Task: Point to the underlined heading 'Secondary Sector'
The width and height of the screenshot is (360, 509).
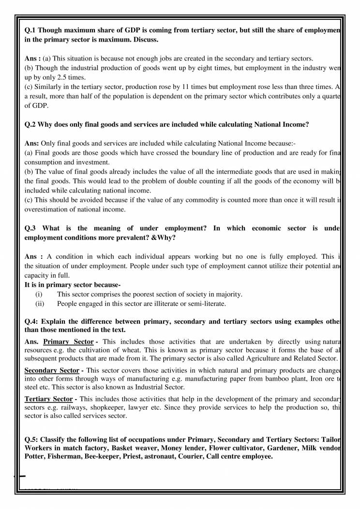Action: click(x=52, y=370)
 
